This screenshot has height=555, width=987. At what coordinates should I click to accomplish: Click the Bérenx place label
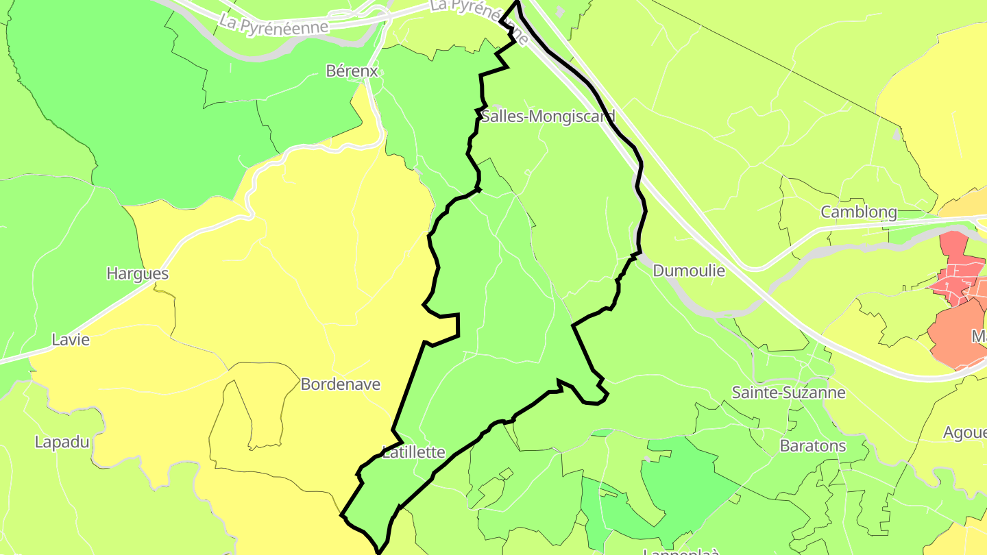coord(352,71)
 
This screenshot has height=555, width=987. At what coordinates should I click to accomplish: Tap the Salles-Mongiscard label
coord(548,116)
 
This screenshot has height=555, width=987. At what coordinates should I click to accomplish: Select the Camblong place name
coord(859,212)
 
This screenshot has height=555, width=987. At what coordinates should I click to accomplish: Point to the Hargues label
coord(137,273)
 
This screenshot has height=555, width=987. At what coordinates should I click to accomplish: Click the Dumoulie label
coord(689,271)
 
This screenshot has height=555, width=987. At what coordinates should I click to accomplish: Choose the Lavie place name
coord(71,339)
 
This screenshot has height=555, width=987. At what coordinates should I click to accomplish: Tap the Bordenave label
coord(340,384)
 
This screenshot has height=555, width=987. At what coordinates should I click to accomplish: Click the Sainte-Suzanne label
coord(788,393)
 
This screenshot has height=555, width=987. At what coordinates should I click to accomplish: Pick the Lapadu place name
coord(62,442)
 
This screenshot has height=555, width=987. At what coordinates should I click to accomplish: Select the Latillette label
coord(413,452)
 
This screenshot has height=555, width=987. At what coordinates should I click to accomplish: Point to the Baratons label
coord(813,445)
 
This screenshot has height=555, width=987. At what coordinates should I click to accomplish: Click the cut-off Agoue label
coord(964,432)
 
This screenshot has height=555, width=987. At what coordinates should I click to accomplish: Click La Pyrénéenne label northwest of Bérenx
coord(273,23)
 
